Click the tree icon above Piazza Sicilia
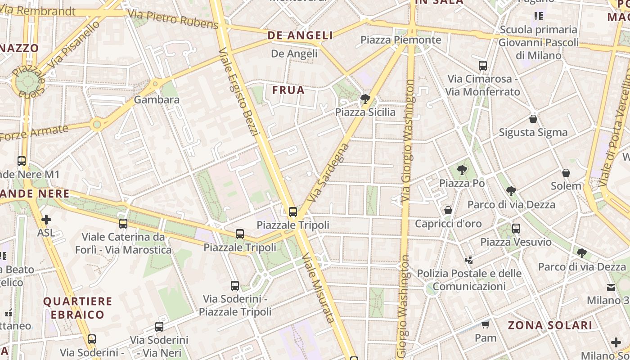(365, 99)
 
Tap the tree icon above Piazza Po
(462, 170)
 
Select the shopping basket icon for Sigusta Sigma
(533, 119)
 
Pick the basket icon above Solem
(566, 173)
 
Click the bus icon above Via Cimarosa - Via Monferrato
(483, 66)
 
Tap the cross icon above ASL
(46, 220)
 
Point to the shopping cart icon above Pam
(485, 324)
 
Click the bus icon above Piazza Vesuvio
(516, 229)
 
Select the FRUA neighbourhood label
(288, 90)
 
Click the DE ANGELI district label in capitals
(300, 36)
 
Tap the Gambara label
(157, 99)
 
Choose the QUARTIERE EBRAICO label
(77, 308)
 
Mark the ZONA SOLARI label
(550, 325)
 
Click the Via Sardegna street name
(328, 172)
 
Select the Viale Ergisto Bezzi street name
(238, 92)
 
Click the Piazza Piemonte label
(401, 40)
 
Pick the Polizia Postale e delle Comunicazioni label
(469, 280)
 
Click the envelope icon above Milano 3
(611, 288)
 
